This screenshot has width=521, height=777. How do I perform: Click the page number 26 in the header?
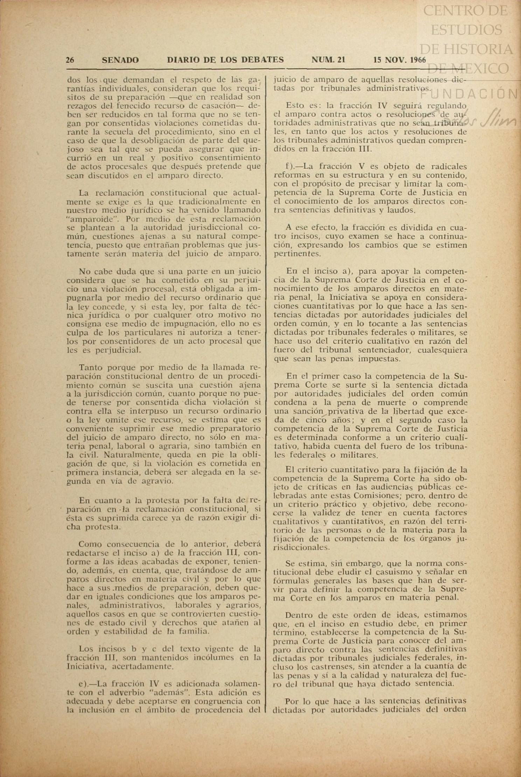tap(70, 60)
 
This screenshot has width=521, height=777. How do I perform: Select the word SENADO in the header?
tap(120, 60)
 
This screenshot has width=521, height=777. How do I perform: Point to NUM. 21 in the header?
tap(328, 60)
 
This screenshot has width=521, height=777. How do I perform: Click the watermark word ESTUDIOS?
tap(466, 30)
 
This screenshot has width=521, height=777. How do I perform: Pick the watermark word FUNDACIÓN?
tap(469, 94)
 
